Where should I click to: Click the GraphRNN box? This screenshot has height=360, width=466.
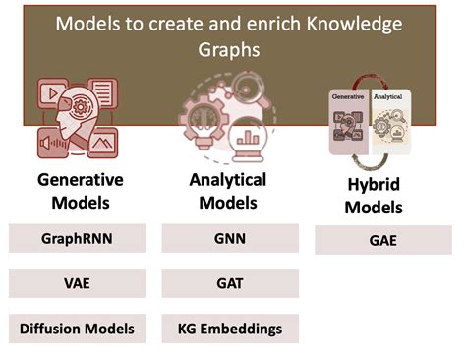78,238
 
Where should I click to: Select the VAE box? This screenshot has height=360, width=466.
78,283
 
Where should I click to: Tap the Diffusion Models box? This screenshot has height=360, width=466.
78,329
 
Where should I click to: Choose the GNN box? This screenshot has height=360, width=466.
230,238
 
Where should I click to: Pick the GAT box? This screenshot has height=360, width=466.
230,283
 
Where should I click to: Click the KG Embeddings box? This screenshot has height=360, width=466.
230,329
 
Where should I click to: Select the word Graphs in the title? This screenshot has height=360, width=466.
232,47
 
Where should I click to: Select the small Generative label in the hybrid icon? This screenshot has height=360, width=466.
348,99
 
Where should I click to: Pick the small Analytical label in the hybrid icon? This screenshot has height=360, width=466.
390,99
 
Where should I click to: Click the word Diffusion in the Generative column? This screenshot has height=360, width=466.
51,329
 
